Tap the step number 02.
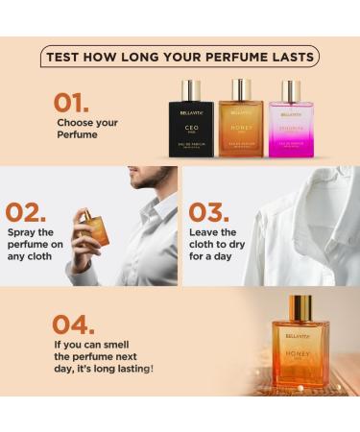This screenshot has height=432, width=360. click(27, 212)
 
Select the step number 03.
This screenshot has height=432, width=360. click(210, 212)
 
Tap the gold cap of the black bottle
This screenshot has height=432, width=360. click(192, 89)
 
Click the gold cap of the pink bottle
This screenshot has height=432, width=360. click(290, 91)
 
